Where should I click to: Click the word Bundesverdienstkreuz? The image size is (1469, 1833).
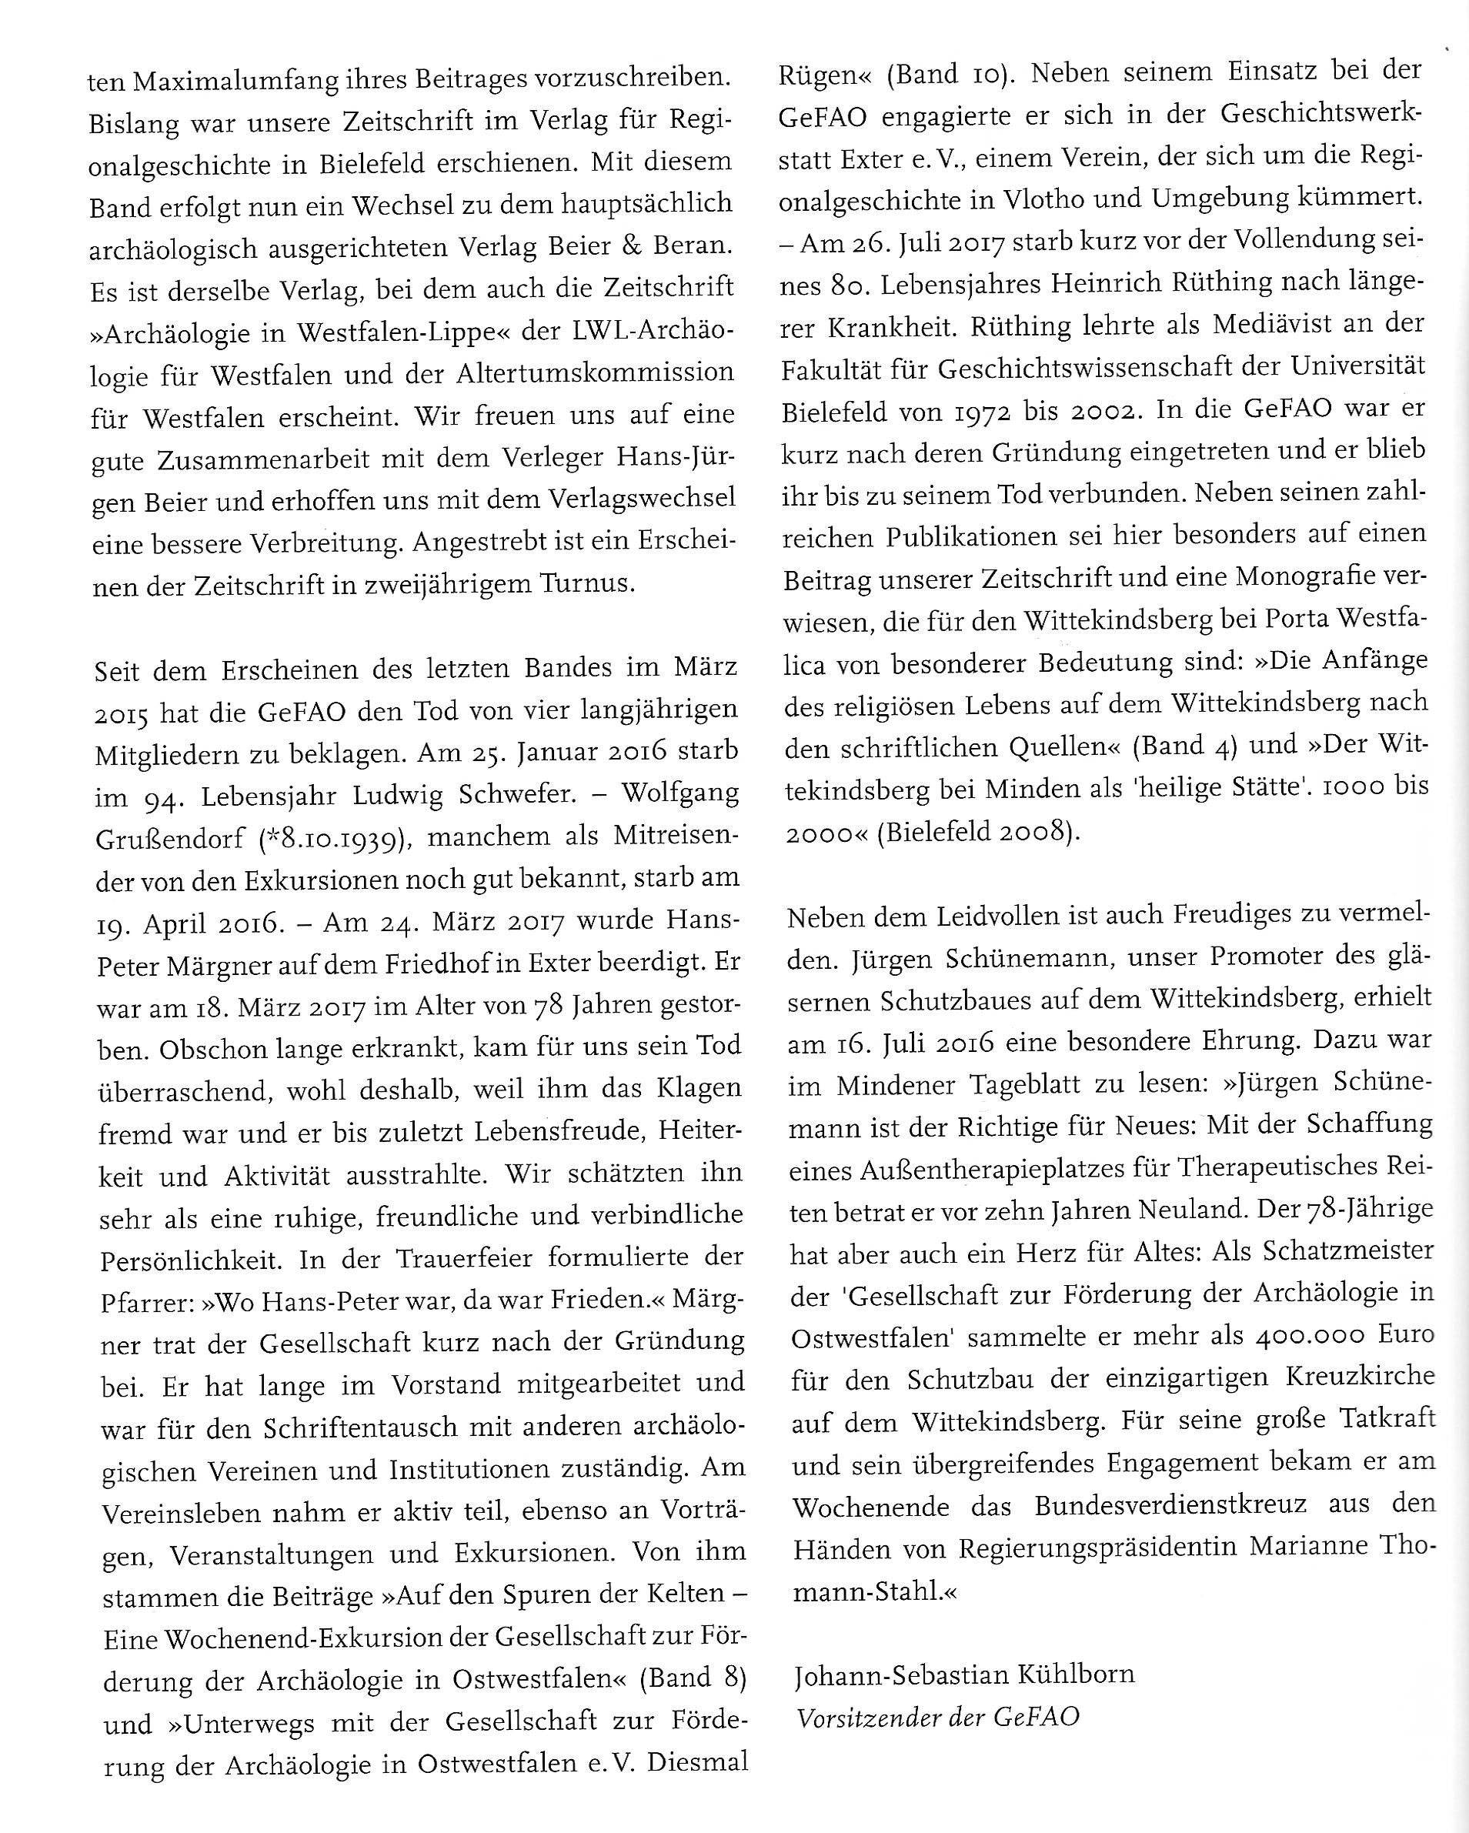tap(1170, 1506)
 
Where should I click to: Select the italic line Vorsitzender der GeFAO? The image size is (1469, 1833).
tap(939, 1718)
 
